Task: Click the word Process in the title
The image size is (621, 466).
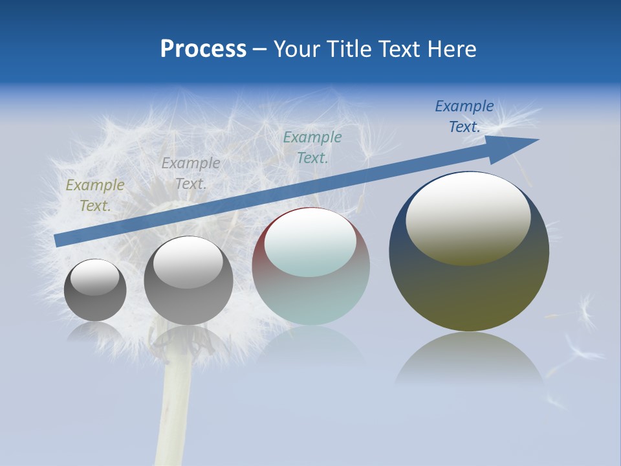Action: [203, 49]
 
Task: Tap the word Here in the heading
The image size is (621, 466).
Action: [452, 49]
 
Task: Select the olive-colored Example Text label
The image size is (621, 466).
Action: [94, 195]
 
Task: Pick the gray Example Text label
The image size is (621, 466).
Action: [190, 173]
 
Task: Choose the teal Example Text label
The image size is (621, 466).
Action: [312, 148]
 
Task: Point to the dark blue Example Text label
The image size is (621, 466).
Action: [464, 116]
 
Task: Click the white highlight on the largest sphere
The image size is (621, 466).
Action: [468, 217]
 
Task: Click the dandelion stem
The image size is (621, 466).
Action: [171, 414]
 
